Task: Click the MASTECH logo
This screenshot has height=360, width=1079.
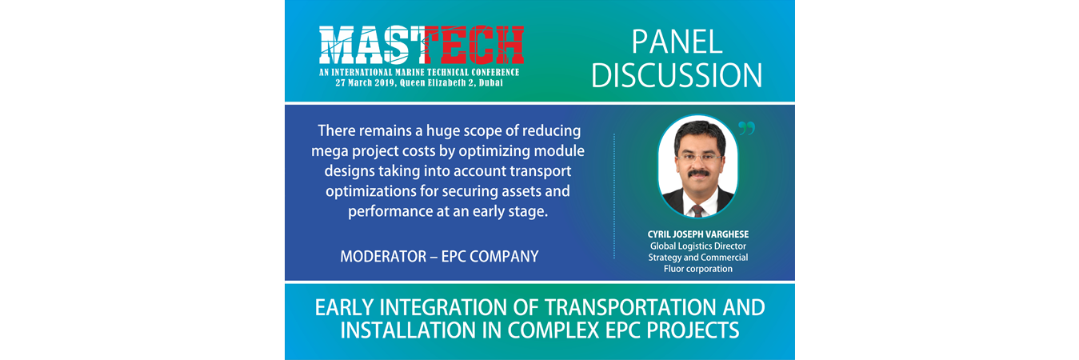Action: (x=421, y=46)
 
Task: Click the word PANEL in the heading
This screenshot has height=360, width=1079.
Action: (x=677, y=42)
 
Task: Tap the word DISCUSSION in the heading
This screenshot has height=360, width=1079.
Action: (x=677, y=75)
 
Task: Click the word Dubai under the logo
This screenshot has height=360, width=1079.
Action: (x=491, y=83)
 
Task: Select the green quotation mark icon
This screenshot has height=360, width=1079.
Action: (x=746, y=128)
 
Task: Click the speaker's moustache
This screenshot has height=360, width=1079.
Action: (x=697, y=173)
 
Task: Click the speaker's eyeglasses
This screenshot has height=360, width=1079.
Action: (x=698, y=157)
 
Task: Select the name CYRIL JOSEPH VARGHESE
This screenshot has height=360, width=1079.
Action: (x=698, y=234)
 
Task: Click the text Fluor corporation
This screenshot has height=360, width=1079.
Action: (x=698, y=269)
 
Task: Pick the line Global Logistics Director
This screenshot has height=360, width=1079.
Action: (x=698, y=246)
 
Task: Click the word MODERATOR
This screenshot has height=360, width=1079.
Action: (x=383, y=256)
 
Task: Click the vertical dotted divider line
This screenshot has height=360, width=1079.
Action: (x=614, y=196)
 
